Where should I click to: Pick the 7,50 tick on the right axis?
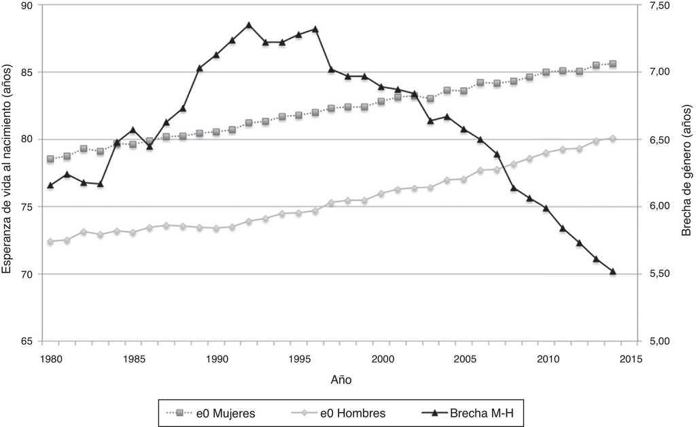tap(659, 5)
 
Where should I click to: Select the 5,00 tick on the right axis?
tap(659, 341)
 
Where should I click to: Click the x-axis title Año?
tap(342, 377)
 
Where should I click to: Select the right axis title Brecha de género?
tap(686, 173)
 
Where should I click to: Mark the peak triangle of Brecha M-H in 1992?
tap(249, 25)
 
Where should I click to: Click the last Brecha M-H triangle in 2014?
tap(613, 271)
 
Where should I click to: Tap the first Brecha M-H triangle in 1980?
tap(50, 185)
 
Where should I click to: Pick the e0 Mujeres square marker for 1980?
tap(50, 159)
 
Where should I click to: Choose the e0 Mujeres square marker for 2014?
tap(613, 64)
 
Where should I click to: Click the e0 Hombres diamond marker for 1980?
tap(50, 241)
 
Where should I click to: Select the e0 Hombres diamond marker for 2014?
tap(613, 139)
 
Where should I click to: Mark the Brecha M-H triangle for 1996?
tap(315, 29)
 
